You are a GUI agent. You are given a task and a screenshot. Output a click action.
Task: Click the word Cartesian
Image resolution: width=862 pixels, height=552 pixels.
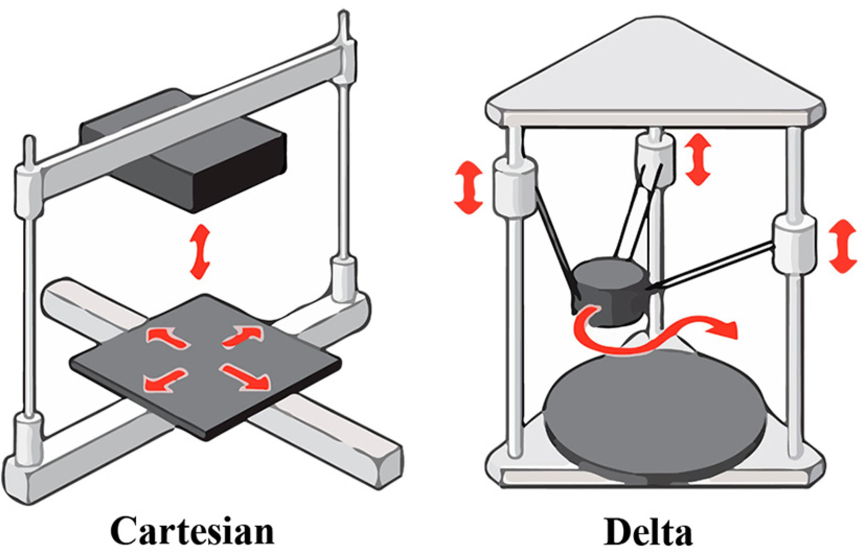coord(192,530)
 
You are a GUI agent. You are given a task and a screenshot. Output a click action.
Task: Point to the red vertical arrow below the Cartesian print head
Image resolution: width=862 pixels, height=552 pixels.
coord(200,251)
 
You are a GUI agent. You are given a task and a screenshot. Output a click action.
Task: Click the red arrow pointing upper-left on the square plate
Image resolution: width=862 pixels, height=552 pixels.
coord(166,337)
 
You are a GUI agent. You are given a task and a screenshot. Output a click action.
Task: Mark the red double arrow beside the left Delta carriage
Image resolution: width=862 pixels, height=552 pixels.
coord(468,187)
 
